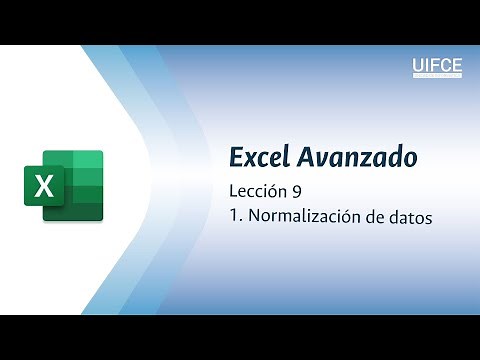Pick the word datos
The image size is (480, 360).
click(x=410, y=216)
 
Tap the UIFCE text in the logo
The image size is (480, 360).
click(x=437, y=66)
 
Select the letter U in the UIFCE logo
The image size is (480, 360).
click(x=418, y=66)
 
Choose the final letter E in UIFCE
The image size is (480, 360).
click(x=457, y=66)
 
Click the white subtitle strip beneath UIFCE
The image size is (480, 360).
click(x=437, y=76)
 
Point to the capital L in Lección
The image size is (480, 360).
click(x=233, y=193)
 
